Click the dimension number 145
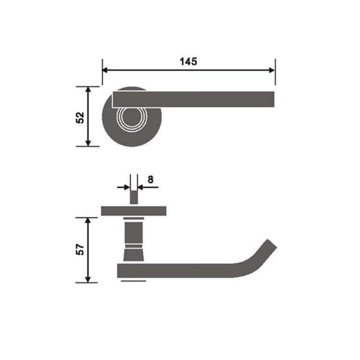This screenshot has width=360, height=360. [x=188, y=61]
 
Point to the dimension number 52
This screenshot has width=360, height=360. [x=80, y=117]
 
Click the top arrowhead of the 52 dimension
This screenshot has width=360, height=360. [x=88, y=91]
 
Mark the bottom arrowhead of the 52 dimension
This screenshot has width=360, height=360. [x=88, y=142]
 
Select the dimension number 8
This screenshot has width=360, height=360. [x=150, y=179]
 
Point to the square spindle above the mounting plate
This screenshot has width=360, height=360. [x=134, y=197]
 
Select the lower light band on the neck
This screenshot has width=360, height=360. [x=134, y=246]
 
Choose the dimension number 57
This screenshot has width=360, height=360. [x=80, y=250]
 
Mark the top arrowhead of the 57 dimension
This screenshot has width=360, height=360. [x=88, y=220]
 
